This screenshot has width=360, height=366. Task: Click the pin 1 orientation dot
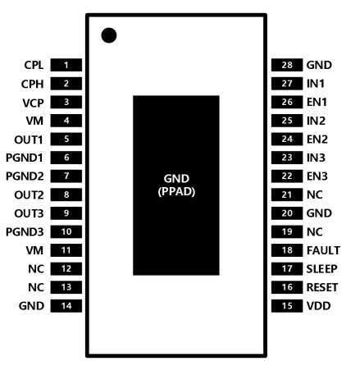pos(109,35)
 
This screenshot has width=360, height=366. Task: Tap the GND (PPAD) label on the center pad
pos(176,185)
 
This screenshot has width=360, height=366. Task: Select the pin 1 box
pos(66,65)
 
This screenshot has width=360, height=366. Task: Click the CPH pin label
pos(32,84)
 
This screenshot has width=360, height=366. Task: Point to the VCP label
pos(33,103)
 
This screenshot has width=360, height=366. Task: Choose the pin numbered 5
pos(66,140)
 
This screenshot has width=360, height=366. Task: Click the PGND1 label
pos(25,158)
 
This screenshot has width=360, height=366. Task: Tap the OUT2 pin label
pos(29,195)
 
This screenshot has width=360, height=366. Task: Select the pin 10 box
pos(66,231)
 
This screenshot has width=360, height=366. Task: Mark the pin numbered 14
pos(66,306)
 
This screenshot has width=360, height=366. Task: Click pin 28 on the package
pos(287,65)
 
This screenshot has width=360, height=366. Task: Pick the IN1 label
pos(316,84)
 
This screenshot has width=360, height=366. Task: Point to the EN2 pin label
pos(317,140)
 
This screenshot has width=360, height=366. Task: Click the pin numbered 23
pos(287,158)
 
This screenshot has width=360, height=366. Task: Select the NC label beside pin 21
pos(315,194)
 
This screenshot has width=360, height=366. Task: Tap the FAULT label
pos(323,250)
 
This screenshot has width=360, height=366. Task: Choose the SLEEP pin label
pos(321,269)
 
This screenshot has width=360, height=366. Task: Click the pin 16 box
pos(287,287)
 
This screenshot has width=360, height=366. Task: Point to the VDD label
pos(319,306)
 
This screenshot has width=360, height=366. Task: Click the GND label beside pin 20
pos(319,213)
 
